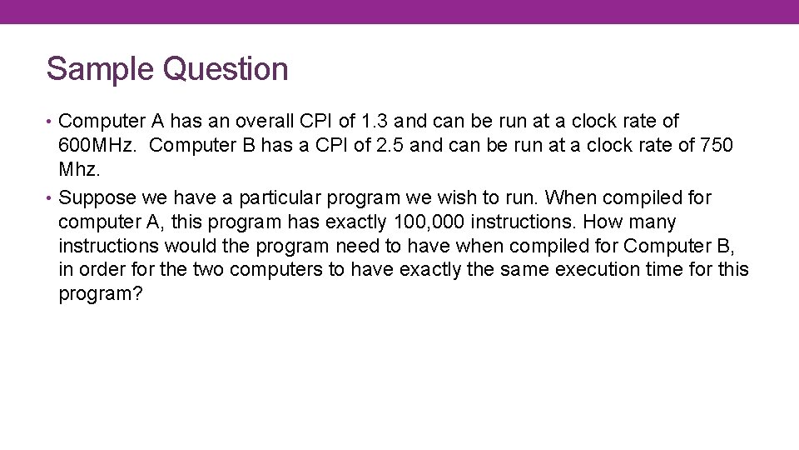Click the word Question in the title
pyautogui.click(x=226, y=70)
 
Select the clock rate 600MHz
pyautogui.click(x=96, y=146)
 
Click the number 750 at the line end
pyautogui.click(x=717, y=146)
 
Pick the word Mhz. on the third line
pyautogui.click(x=79, y=170)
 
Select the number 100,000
pyautogui.click(x=427, y=222)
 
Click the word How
pyautogui.click(x=604, y=222)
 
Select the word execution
pyautogui.click(x=594, y=271)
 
